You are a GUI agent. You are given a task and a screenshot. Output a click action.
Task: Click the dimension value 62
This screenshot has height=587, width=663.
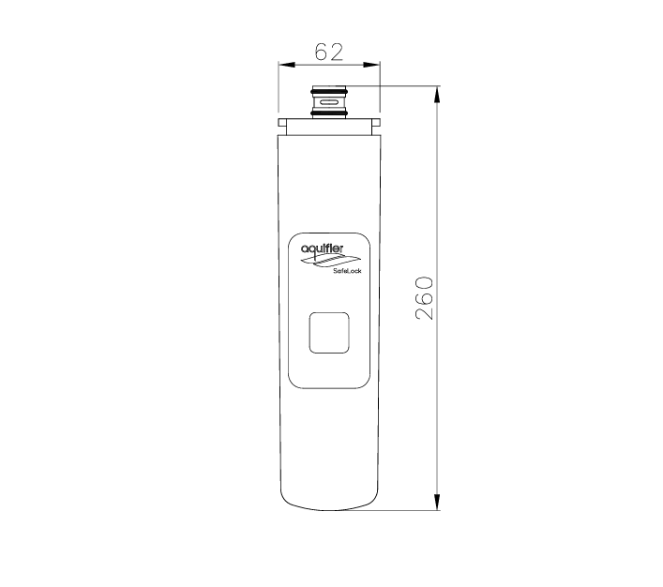tap(329, 52)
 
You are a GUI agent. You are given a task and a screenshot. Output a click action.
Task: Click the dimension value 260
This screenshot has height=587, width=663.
tap(425, 298)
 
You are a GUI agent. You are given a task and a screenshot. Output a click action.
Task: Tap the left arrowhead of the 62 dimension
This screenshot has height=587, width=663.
tap(286, 65)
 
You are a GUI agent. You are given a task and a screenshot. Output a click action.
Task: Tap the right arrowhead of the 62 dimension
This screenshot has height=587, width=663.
tap(371, 65)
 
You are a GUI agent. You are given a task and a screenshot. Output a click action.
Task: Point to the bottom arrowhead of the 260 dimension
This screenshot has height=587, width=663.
tap(437, 502)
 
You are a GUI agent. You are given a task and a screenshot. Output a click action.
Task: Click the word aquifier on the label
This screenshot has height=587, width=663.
tap(323, 248)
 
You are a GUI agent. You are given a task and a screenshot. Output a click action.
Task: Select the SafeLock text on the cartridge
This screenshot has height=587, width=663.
tap(347, 271)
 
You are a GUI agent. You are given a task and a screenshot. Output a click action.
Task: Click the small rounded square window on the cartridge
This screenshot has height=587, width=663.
tap(329, 333)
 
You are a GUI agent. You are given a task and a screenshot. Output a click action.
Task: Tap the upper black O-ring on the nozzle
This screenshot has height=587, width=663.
tap(329, 91)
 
